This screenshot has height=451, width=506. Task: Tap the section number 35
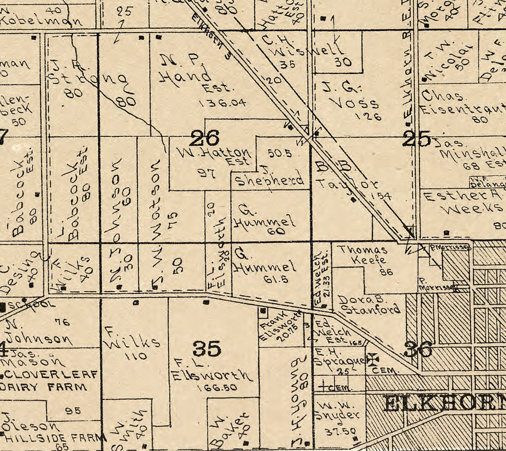(207, 348)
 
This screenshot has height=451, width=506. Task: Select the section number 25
(416, 139)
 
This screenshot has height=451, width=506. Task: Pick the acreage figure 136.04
(222, 103)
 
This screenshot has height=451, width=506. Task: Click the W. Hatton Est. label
(215, 155)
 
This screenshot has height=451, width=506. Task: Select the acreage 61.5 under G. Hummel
(276, 280)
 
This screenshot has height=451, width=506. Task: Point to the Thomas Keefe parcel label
(363, 255)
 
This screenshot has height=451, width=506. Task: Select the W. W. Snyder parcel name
(336, 411)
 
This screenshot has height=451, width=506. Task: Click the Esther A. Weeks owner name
(463, 202)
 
